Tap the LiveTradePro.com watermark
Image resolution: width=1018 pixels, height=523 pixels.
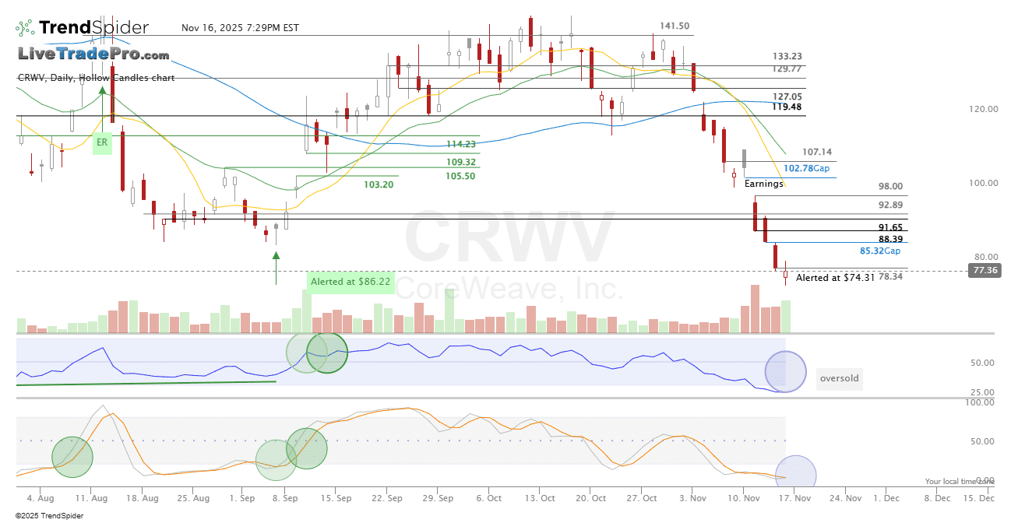(93, 54)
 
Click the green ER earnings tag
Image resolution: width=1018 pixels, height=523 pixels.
(101, 142)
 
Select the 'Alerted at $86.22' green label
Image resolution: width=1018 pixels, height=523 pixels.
(350, 281)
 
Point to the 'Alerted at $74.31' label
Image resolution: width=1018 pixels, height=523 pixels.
(835, 277)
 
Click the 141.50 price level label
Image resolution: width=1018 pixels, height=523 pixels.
(674, 26)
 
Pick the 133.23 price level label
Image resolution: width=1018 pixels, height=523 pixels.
(787, 56)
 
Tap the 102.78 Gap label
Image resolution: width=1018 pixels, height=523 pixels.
(806, 168)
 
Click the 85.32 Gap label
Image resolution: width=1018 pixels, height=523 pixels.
(880, 251)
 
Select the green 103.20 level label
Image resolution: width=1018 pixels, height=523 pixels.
(379, 184)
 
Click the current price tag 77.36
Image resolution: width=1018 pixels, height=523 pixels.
(984, 270)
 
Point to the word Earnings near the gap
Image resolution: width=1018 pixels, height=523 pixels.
(763, 184)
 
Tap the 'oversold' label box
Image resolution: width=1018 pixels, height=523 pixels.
(840, 379)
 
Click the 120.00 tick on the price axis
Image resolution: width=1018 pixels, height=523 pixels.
(984, 109)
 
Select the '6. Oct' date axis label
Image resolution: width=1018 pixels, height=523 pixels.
(488, 497)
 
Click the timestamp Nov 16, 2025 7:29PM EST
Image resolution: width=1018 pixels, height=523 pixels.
(240, 28)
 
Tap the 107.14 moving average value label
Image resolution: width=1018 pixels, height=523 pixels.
(816, 152)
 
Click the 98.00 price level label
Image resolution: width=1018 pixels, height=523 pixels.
(890, 186)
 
